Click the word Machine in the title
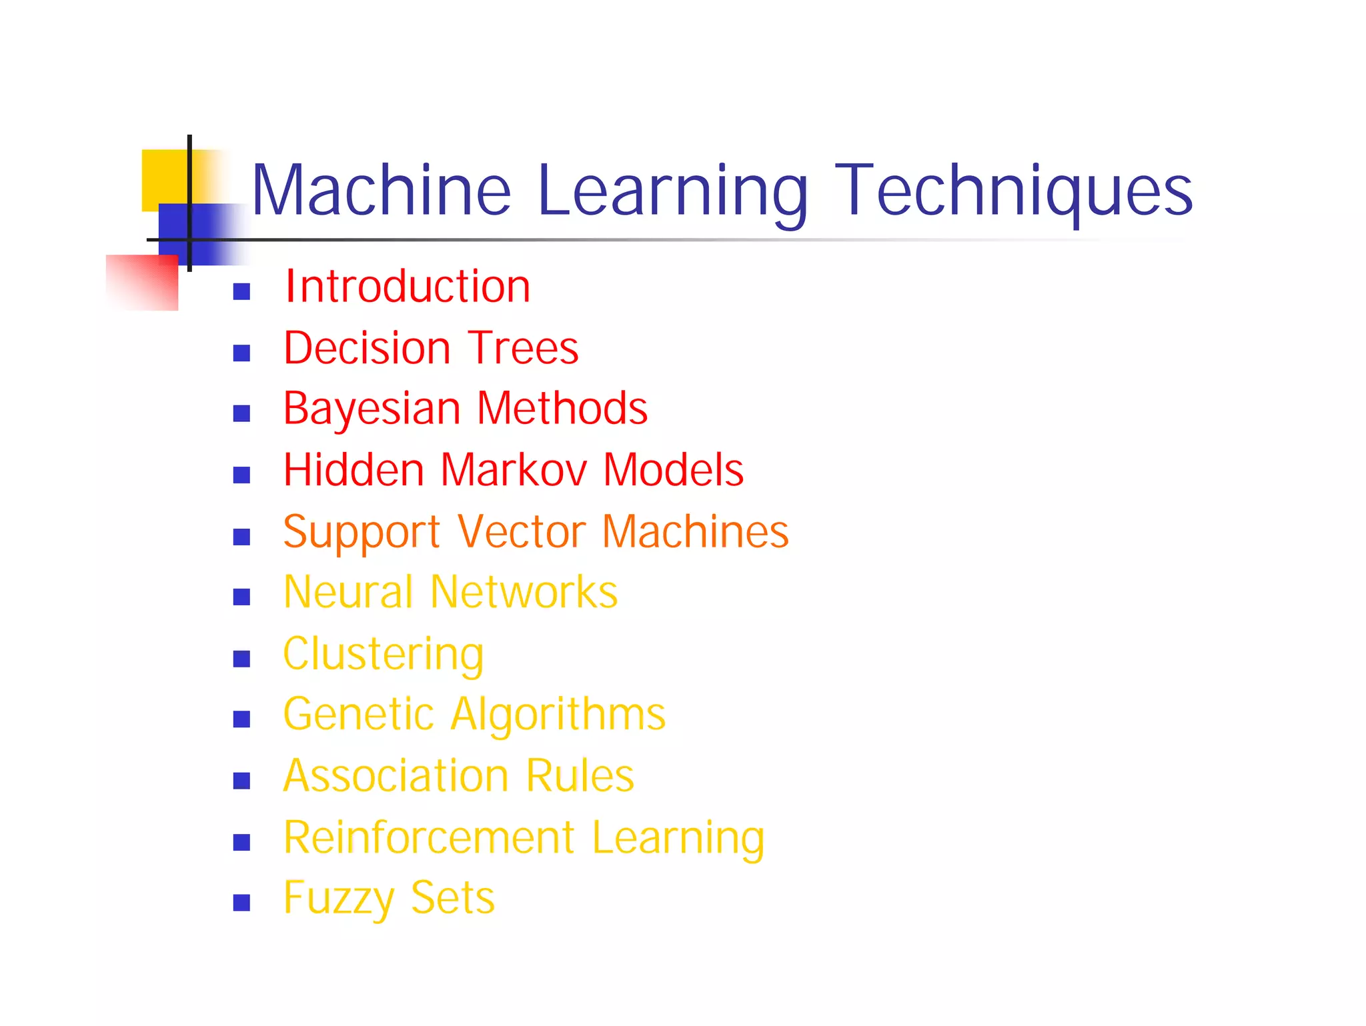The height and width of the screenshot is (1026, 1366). [x=381, y=191]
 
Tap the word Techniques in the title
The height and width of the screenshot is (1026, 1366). [x=1013, y=191]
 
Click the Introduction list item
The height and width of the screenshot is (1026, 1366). [x=408, y=287]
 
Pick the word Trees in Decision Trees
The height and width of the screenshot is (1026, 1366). [x=524, y=348]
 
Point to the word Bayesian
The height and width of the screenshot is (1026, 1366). [x=372, y=409]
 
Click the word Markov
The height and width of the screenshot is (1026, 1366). [x=513, y=470]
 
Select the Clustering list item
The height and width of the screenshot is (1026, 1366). [x=384, y=654]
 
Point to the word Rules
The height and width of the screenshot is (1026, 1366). [x=580, y=776]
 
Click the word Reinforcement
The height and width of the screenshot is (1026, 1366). [x=429, y=837]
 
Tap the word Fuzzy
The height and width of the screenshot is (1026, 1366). [x=339, y=898]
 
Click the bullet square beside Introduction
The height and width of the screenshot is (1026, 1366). [x=241, y=291]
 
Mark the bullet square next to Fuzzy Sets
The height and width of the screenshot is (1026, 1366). [x=241, y=903]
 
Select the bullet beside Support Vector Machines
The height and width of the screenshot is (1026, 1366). [x=241, y=537]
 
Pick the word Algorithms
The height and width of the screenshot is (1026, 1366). [x=558, y=714]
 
